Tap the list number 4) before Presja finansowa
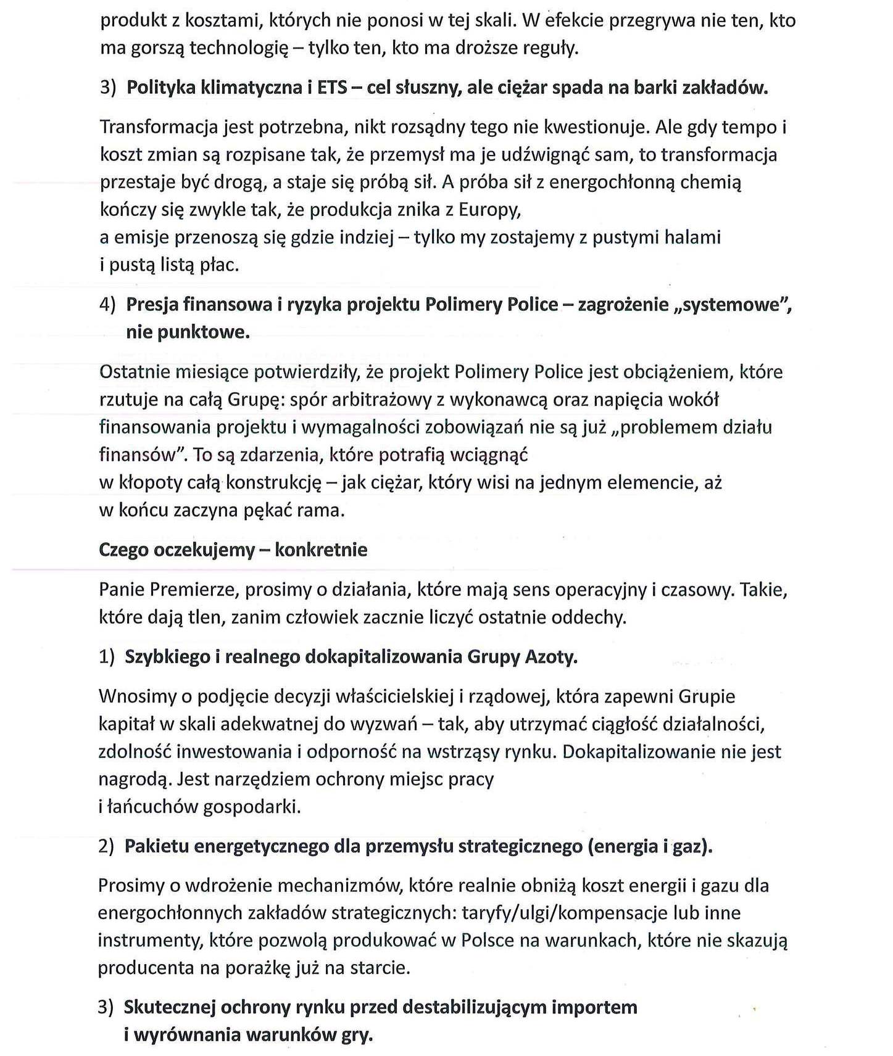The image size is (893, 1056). click(x=107, y=305)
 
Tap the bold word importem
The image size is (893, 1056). click(x=594, y=1007)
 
